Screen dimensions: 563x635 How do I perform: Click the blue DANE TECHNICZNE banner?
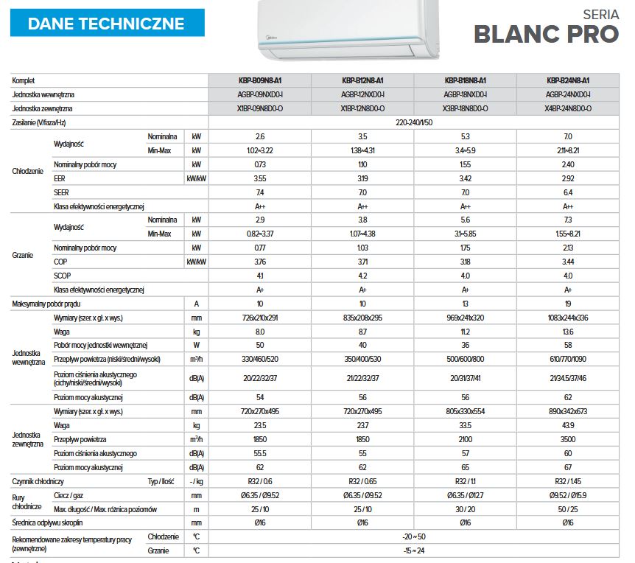107,23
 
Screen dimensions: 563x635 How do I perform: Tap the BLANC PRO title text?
546,34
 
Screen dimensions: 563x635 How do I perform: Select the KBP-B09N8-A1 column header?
260,80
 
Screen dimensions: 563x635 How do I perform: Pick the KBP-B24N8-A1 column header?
568,80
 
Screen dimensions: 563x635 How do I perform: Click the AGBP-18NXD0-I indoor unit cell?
466,94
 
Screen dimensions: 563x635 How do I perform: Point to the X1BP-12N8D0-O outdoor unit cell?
362,108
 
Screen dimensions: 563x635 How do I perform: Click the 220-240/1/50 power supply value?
414,122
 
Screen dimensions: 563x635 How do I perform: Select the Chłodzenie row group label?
28,171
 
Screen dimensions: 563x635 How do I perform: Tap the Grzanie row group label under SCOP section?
24,254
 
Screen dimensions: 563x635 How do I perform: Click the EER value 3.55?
260,178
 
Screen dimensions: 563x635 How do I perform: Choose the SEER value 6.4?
568,192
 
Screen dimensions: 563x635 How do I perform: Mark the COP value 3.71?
362,262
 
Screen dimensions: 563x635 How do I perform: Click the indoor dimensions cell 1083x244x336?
568,317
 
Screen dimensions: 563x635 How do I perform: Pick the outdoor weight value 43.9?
568,425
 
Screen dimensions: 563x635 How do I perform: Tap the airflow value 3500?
568,439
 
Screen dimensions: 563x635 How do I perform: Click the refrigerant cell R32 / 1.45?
568,481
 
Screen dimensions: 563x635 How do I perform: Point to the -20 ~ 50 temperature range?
414,536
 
